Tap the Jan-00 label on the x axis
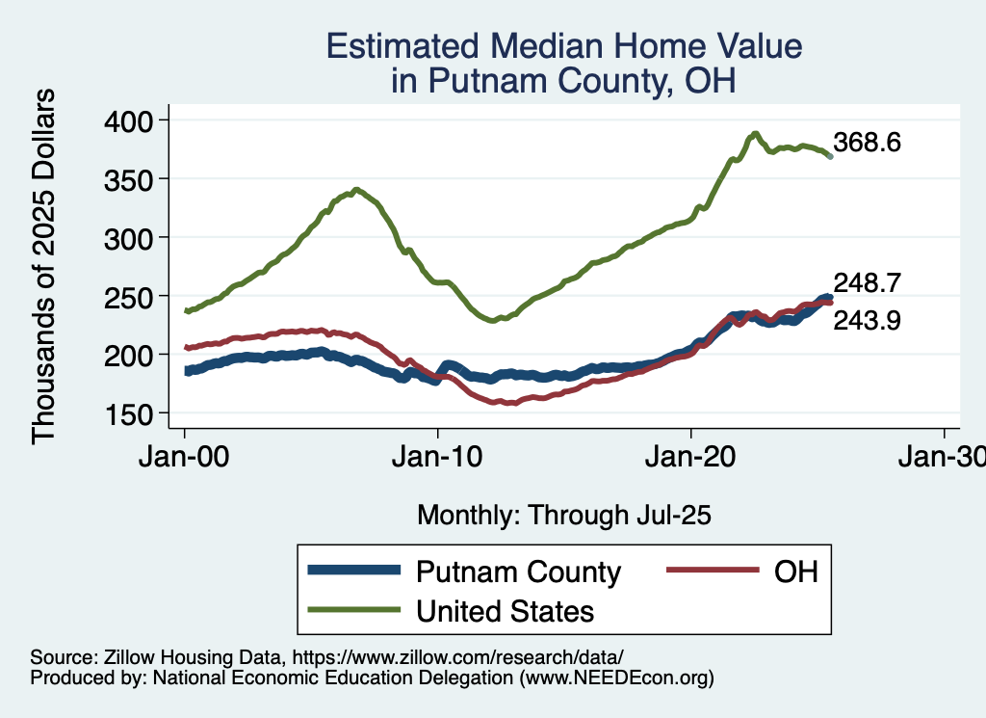pos(184,458)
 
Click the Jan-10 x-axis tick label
pos(437,458)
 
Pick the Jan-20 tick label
pos(690,458)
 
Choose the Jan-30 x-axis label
pos(943,458)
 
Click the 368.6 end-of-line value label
pos(868,144)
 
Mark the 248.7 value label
pos(868,283)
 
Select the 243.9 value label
pos(868,320)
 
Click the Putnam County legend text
pos(518,572)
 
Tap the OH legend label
pos(796,572)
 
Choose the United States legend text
pos(505,611)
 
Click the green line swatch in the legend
pos(353,609)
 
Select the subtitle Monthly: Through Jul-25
pos(563,516)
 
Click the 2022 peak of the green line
pos(756,134)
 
